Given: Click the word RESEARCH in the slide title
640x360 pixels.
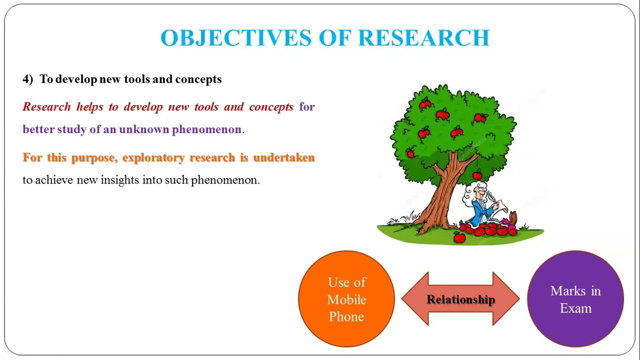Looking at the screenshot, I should [x=424, y=38].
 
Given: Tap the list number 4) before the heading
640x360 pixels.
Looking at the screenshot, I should [x=27, y=79].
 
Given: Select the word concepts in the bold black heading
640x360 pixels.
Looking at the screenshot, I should [x=198, y=79].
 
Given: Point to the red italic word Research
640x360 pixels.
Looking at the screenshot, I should [x=46, y=106].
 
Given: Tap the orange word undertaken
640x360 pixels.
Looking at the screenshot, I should [x=283, y=157].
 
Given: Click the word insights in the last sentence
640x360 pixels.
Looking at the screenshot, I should [x=120, y=180].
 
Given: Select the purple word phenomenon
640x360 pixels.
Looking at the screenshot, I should [x=206, y=129].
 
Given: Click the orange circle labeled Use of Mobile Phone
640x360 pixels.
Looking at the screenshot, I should [x=346, y=299].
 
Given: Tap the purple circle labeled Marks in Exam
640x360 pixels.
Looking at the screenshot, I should [x=575, y=299].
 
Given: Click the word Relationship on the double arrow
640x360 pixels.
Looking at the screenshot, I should [x=460, y=299].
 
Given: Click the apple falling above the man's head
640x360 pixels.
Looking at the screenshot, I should [x=477, y=175].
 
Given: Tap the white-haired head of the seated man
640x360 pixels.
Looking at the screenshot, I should [x=476, y=193].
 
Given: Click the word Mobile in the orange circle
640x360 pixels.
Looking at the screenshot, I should [x=346, y=299].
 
